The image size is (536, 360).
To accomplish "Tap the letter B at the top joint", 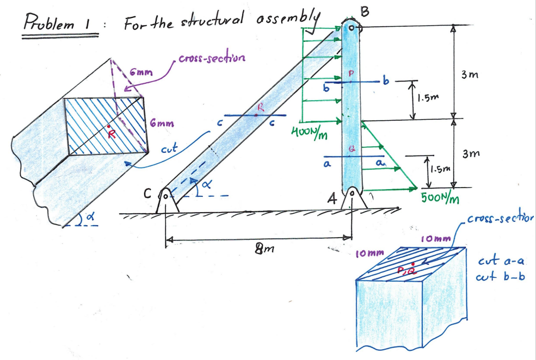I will (365, 10).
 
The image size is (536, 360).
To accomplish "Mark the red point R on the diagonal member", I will (256, 115).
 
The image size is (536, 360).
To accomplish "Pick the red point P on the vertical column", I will (350, 81).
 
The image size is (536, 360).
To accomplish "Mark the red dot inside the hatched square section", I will (108, 126).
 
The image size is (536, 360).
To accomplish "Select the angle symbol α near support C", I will (206, 186).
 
